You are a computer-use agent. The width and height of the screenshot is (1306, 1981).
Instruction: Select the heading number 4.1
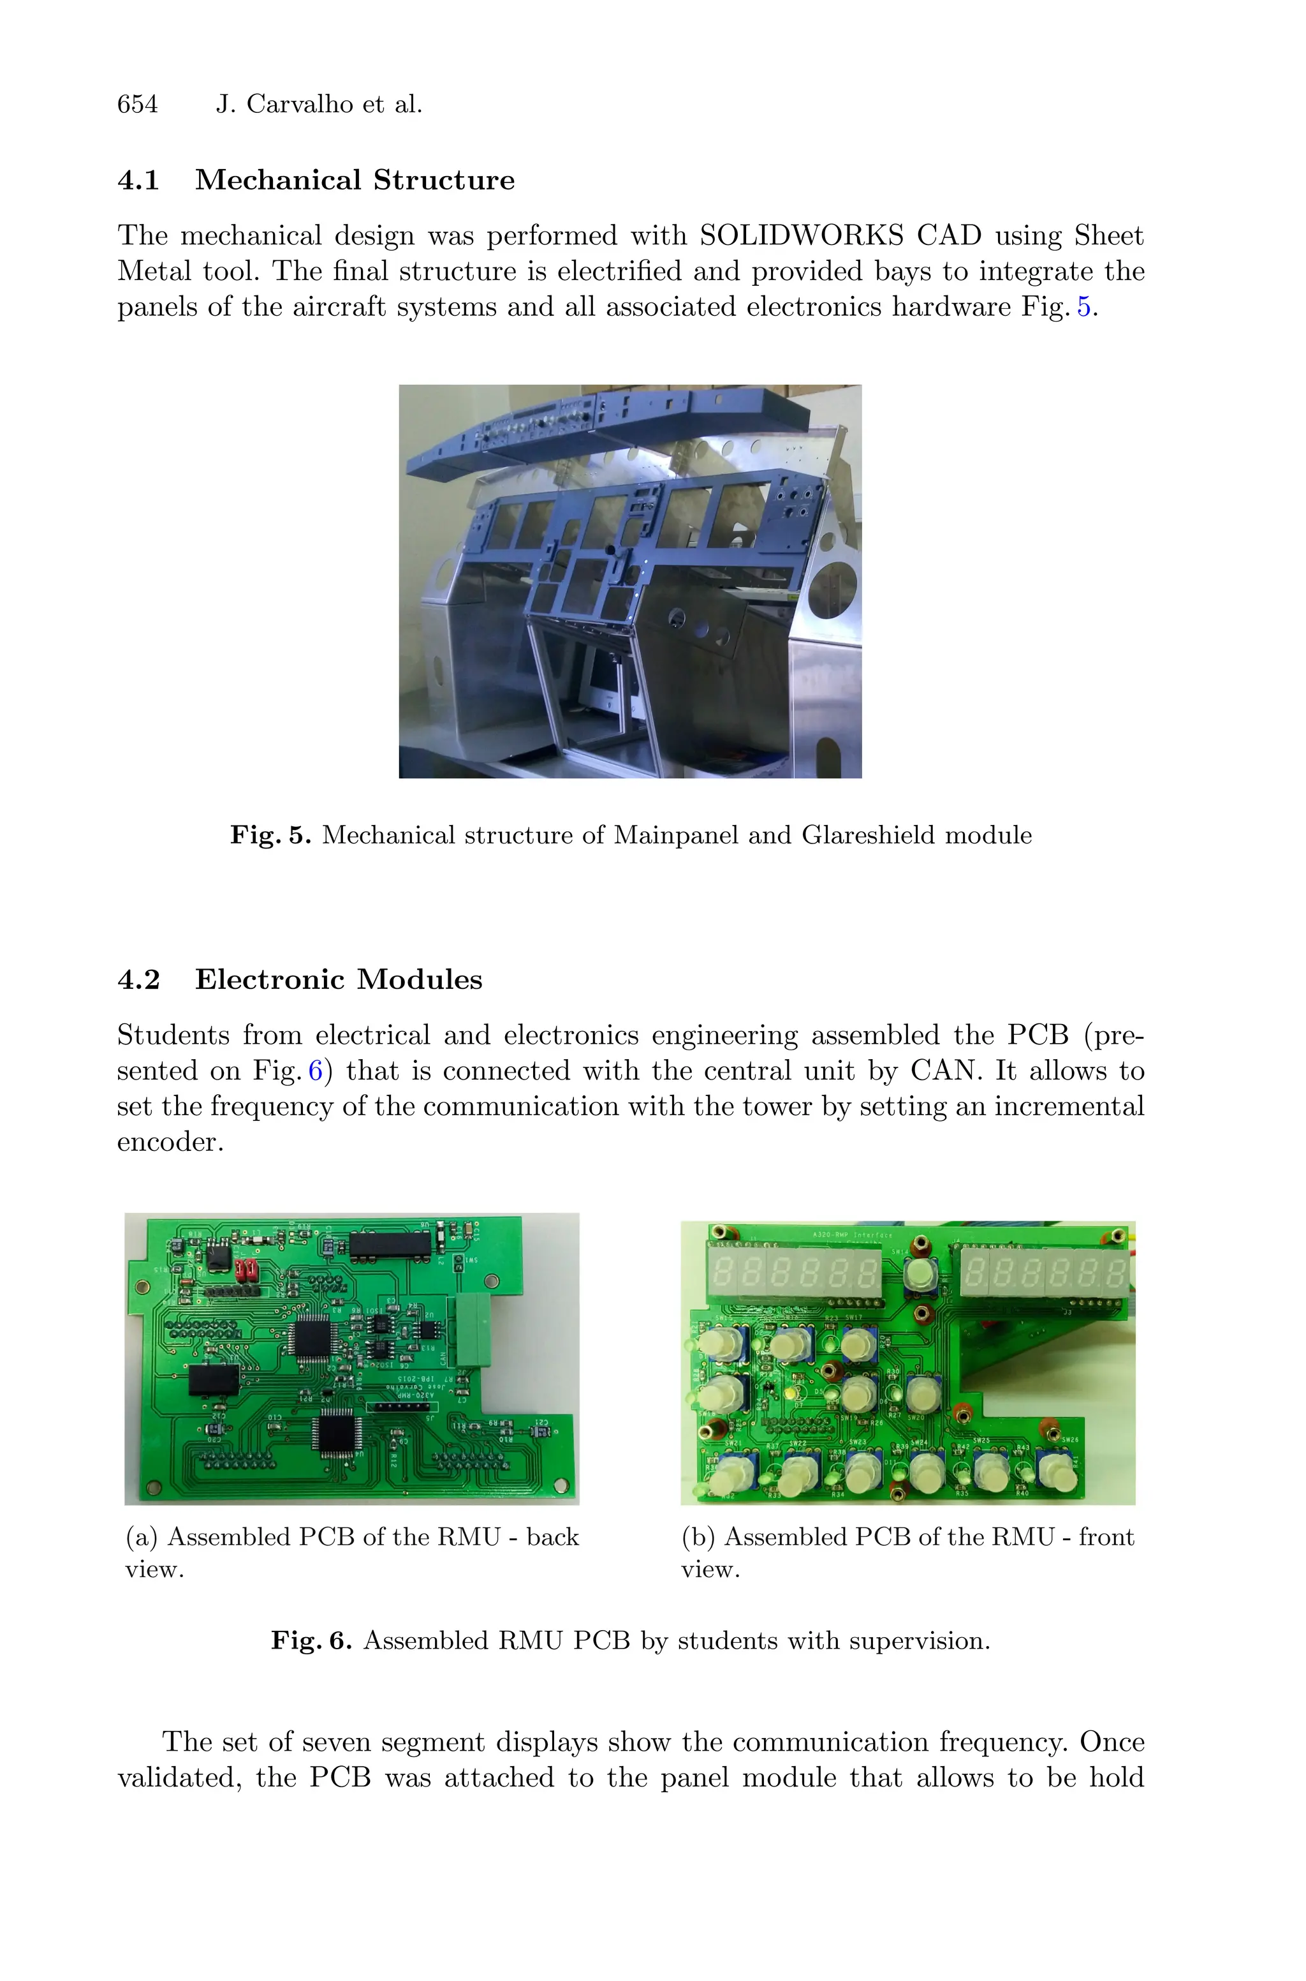click(138, 180)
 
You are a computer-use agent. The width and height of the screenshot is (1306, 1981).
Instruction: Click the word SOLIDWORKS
click(800, 236)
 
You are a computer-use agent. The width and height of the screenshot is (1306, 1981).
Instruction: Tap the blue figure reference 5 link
click(1083, 307)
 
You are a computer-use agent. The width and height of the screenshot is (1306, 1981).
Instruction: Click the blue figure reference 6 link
click(315, 1071)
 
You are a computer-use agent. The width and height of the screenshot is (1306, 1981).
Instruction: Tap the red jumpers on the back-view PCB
click(247, 1270)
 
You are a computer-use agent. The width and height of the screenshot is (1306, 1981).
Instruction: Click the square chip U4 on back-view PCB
click(337, 1434)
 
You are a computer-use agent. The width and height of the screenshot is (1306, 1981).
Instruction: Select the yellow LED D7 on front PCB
click(791, 1393)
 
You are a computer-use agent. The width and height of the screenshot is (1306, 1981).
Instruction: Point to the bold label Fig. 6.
click(311, 1640)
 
